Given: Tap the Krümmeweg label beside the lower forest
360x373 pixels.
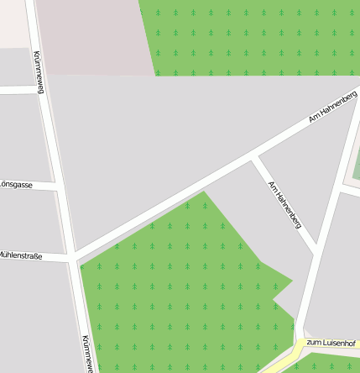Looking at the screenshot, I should tap(86, 353).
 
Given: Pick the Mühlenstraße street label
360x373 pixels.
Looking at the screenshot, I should tap(20, 253).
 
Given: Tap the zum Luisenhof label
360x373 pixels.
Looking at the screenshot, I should tap(331, 343).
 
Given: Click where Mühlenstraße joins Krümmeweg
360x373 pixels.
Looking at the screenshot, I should tap(70, 260).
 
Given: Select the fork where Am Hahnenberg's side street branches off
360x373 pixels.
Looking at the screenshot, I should tap(253, 156).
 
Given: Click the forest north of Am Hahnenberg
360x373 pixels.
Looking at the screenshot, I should tap(252, 38).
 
